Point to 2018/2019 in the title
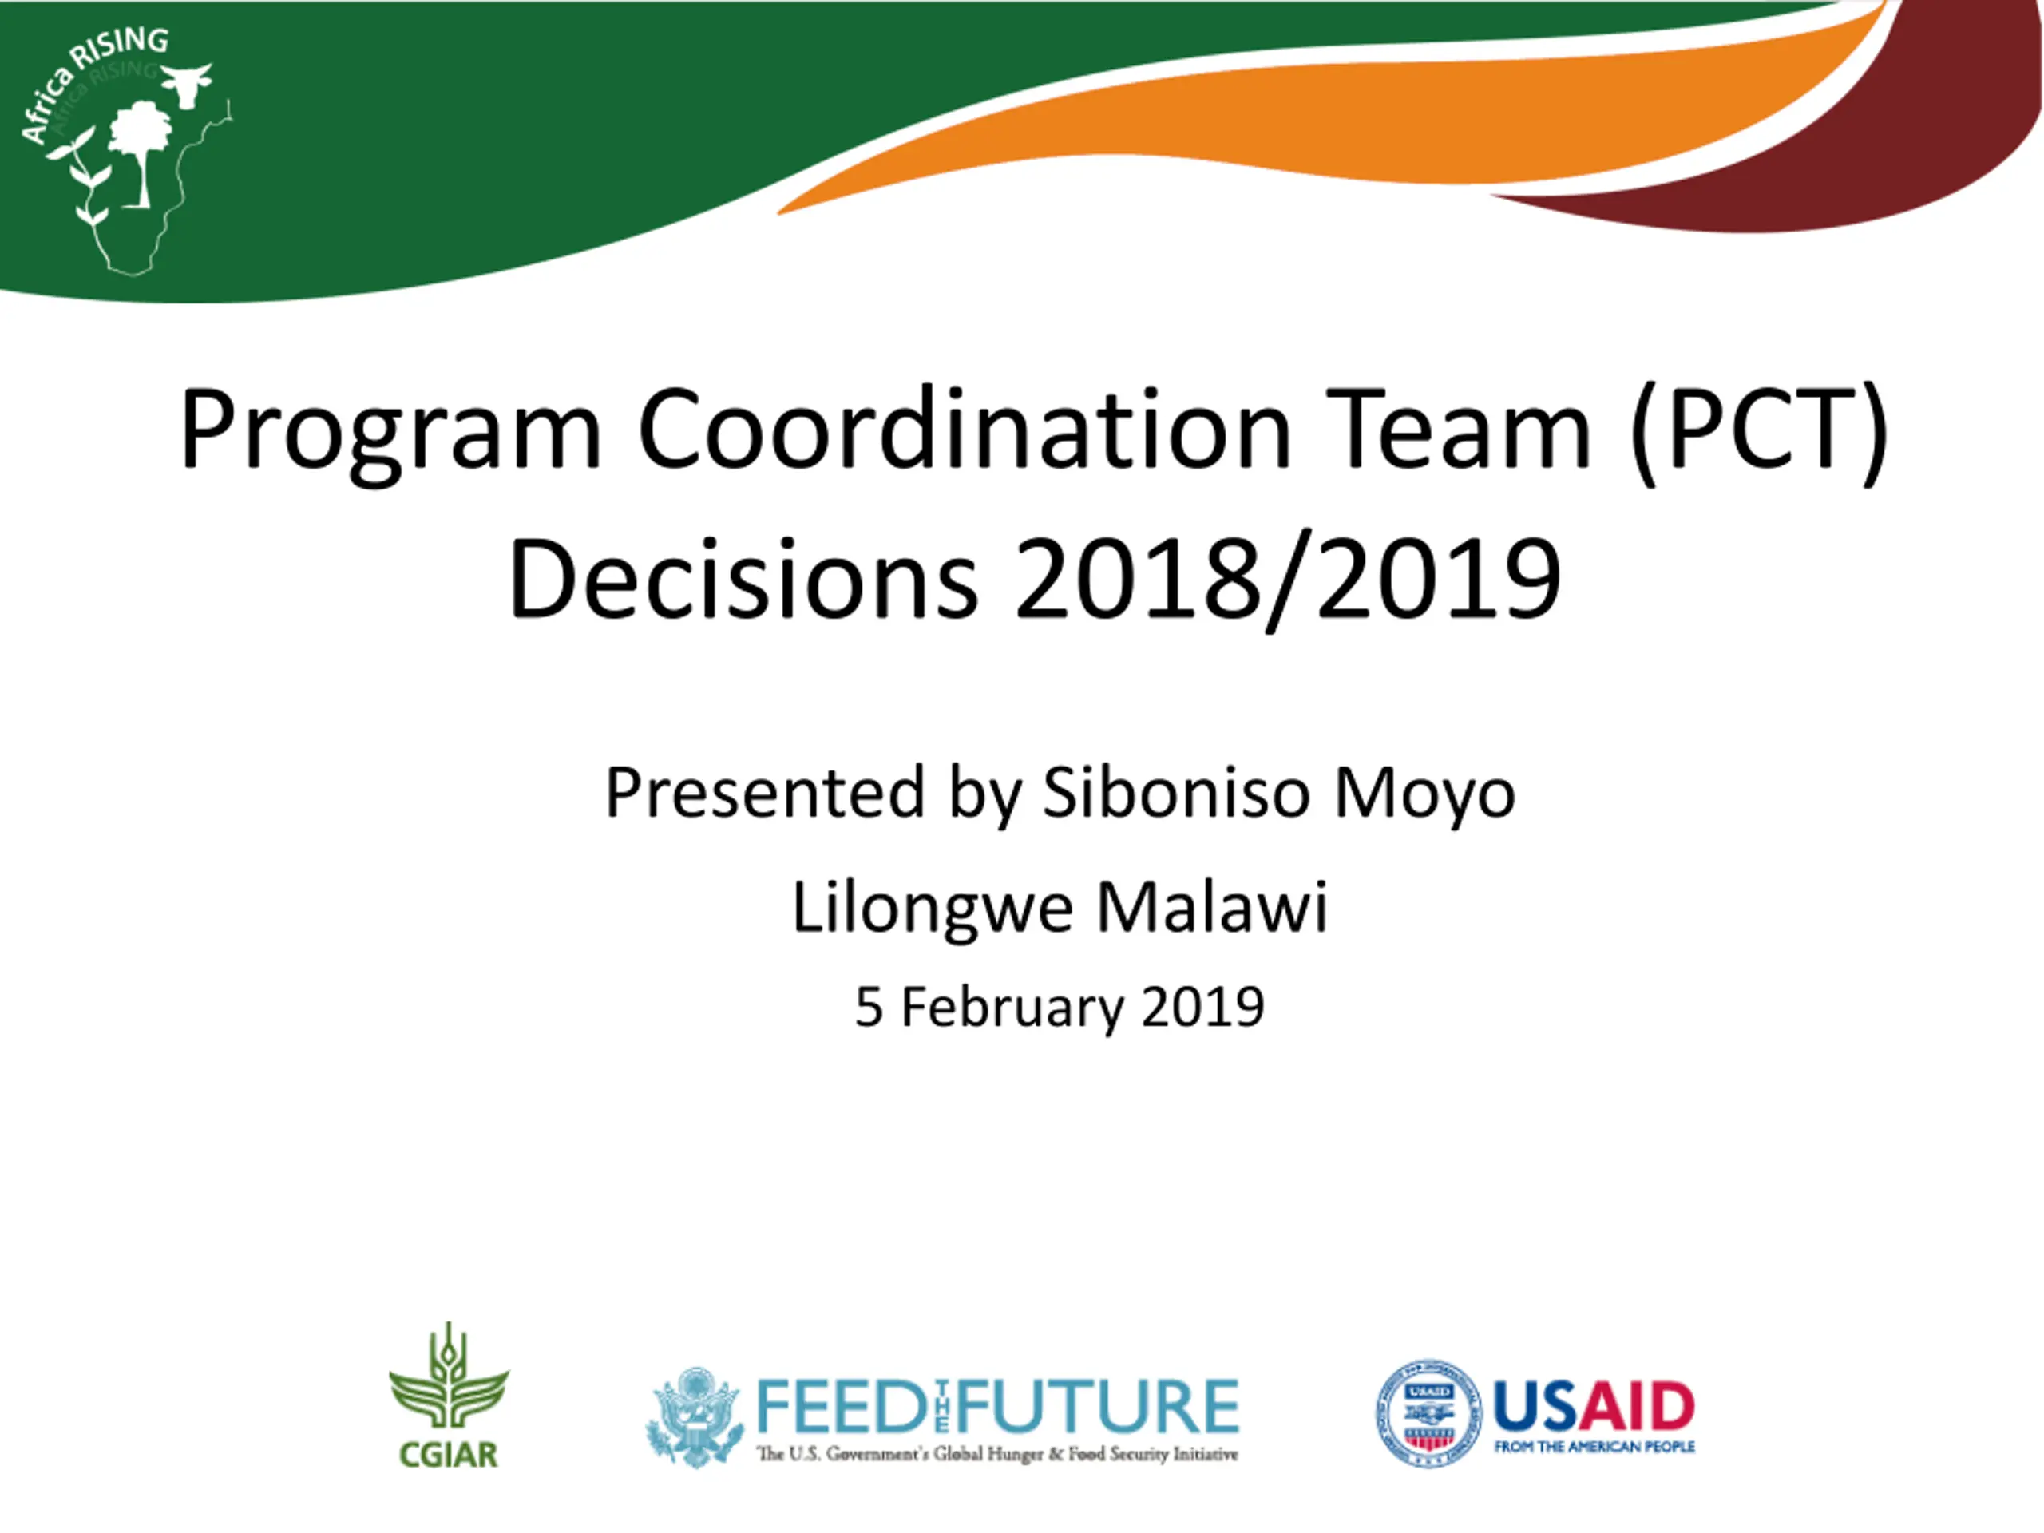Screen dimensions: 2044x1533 (x=1288, y=582)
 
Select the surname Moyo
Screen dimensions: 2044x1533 (x=1424, y=795)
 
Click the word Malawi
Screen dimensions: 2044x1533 (x=1211, y=905)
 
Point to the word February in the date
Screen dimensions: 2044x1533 (x=1012, y=1007)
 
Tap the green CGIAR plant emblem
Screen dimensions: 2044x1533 (x=449, y=1376)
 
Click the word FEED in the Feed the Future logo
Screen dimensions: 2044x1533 (x=839, y=1405)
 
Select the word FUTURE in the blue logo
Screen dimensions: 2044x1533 (x=1097, y=1405)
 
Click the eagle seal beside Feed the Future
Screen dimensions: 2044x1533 (x=695, y=1416)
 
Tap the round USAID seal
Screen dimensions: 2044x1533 (x=1428, y=1413)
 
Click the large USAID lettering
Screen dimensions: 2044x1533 (x=1594, y=1406)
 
